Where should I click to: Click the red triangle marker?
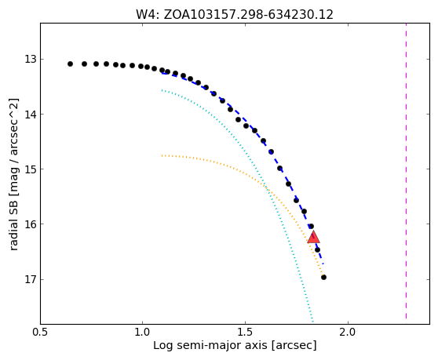[313, 237]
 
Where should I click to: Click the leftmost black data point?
[70, 64]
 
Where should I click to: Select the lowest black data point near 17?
[323, 277]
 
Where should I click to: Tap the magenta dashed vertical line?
[406, 171]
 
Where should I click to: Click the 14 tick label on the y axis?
[31, 115]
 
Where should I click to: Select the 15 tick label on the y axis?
[31, 169]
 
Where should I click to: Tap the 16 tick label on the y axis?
[31, 224]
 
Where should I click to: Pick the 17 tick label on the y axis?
[31, 279]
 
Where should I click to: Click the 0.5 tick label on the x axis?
[40, 332]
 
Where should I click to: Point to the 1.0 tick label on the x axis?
[142, 332]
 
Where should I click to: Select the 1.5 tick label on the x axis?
[245, 332]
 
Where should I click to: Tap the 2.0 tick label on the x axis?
[348, 332]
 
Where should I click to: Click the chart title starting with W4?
[235, 15]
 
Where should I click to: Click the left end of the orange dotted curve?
[162, 155]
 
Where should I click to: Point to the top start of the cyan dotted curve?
[162, 90]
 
